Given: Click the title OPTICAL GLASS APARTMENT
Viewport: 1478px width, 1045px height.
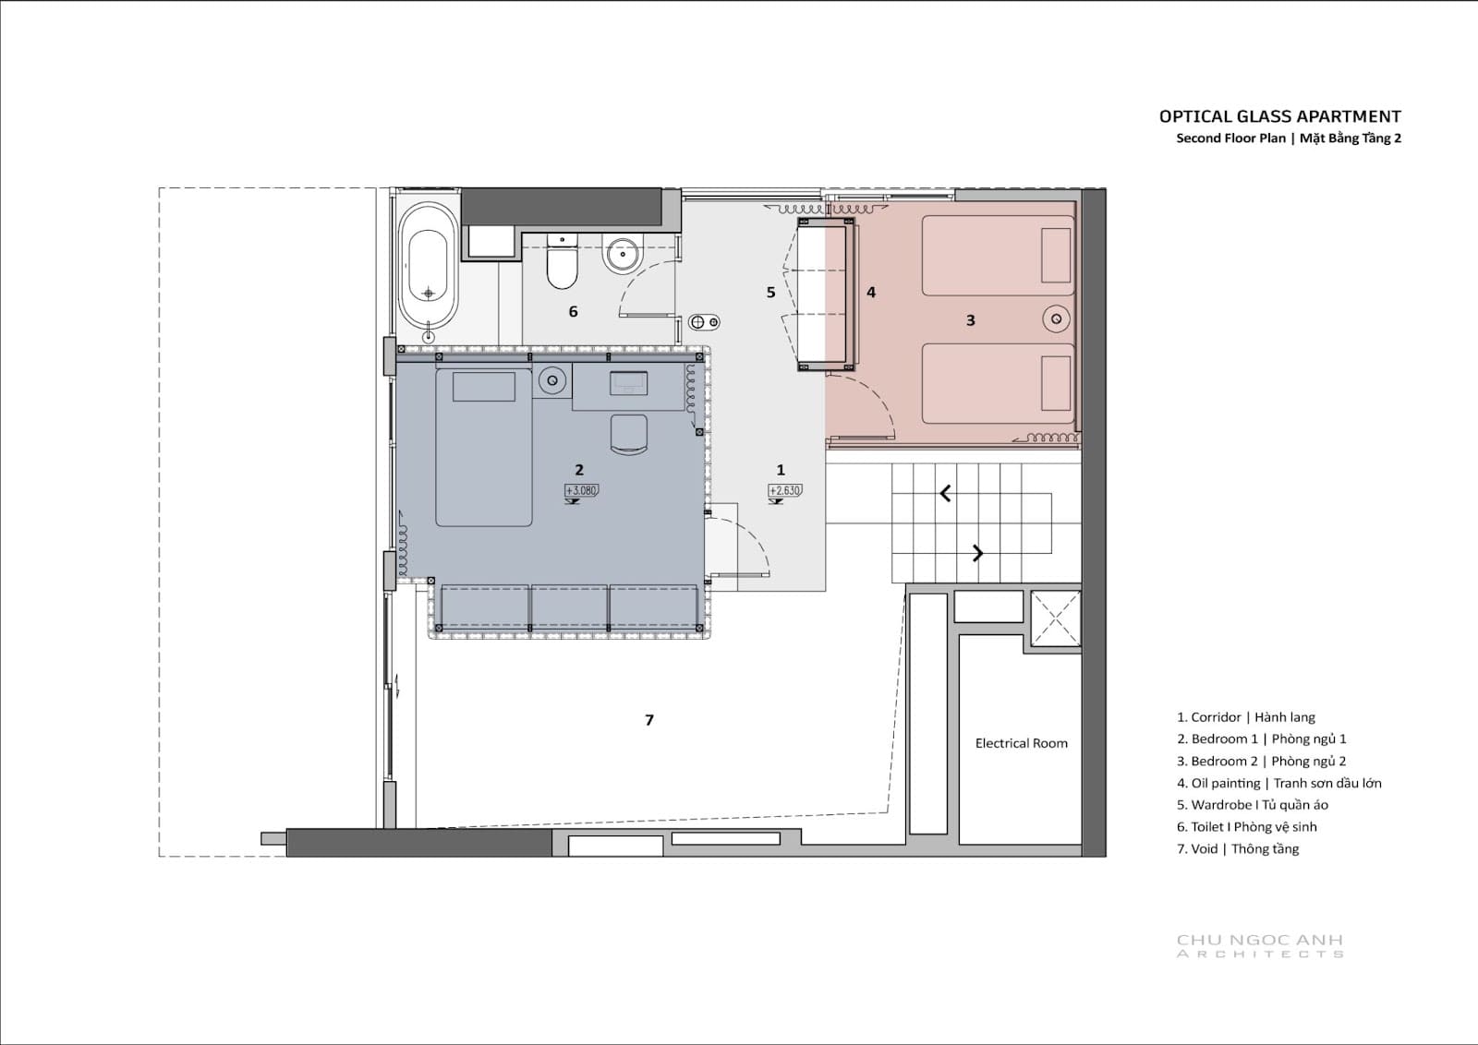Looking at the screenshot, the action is pos(1280,116).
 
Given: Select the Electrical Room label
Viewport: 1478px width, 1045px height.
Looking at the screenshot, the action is pos(1022,743).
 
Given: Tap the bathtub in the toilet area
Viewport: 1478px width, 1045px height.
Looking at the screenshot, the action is pos(429,267).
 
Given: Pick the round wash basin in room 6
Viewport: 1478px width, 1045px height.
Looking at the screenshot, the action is pos(623,255).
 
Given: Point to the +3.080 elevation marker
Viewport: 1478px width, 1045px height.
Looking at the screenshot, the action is pos(581,490).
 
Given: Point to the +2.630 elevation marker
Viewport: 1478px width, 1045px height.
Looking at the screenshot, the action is pos(785,490).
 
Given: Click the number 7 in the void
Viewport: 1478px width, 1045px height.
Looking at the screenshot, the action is pos(649,720).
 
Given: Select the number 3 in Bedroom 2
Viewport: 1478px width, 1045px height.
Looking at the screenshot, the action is pos(970,320).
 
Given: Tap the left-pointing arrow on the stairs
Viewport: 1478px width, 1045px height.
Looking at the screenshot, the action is pos(946,493).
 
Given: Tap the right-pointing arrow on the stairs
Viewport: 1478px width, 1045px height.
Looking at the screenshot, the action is pos(978,553).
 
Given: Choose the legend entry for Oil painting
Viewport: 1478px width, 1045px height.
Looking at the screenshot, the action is pos(1278,783).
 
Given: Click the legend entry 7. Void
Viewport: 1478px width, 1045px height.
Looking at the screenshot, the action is pos(1238,848).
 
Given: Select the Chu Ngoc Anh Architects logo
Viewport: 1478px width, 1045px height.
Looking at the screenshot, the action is pos(1260,945).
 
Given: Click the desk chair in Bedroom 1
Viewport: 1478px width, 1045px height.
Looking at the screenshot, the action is pos(629,434).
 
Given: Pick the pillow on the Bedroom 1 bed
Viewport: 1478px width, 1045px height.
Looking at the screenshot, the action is pos(484,387).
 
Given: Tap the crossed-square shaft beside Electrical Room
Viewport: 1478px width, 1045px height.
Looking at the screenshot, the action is pos(1056,618).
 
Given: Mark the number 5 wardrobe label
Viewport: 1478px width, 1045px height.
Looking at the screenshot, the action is pos(770,292).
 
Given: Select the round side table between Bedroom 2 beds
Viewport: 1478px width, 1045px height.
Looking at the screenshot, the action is pos(1057,319).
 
